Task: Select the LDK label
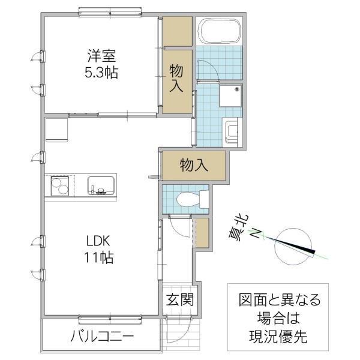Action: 99,242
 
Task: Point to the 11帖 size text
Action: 99,259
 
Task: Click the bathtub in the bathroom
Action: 219,32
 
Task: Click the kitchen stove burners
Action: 60,185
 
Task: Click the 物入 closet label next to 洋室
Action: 177,78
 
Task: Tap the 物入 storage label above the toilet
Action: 194,165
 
